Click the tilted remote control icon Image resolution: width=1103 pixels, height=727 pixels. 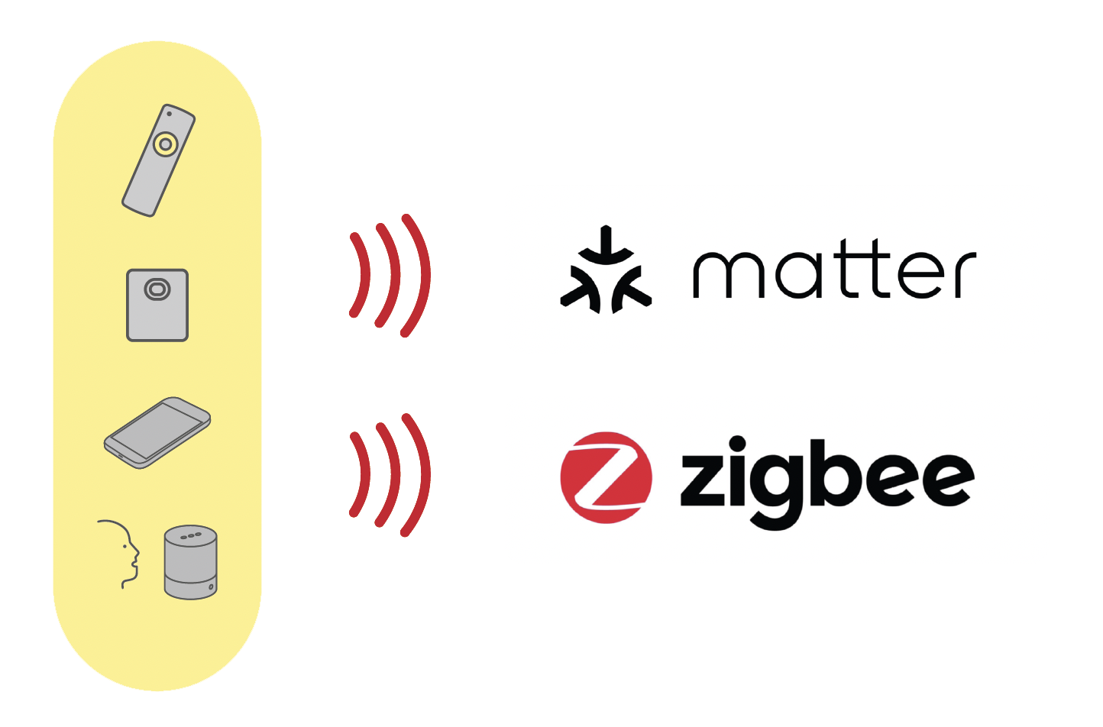[159, 160]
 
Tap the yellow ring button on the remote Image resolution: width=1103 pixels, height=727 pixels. [166, 144]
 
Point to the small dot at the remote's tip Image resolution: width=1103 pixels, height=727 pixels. [170, 114]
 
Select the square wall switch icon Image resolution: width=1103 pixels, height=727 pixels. [157, 305]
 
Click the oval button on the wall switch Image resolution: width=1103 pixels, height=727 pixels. [157, 289]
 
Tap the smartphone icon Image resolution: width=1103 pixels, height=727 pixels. [157, 433]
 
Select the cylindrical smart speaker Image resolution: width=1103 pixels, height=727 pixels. [190, 562]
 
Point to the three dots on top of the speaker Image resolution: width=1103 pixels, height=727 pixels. [191, 535]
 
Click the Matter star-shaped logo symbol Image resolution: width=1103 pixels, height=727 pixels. [606, 270]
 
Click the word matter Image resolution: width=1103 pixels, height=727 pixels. [835, 268]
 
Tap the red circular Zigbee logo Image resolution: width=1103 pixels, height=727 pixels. [606, 477]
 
